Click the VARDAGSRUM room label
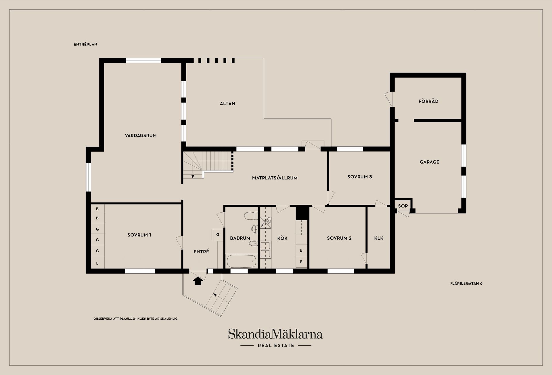pos(141,135)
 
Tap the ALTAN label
pos(227,103)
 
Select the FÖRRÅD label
pos(428,101)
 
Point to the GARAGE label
pos(429,162)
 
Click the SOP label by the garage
pos(403,206)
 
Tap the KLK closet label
pos(379,238)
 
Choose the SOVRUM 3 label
pos(360,177)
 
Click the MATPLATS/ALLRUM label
pos(275,178)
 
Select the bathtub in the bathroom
pos(241,261)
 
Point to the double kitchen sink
pos(265,249)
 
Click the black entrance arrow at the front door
pos(198,281)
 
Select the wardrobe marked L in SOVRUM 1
pos(97,263)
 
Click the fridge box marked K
pos(301,251)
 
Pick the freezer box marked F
pos(301,262)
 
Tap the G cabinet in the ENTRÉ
pos(218,234)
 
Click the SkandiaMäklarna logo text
pos(275,334)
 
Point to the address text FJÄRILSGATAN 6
pos(466,283)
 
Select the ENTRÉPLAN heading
pos(85,44)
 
